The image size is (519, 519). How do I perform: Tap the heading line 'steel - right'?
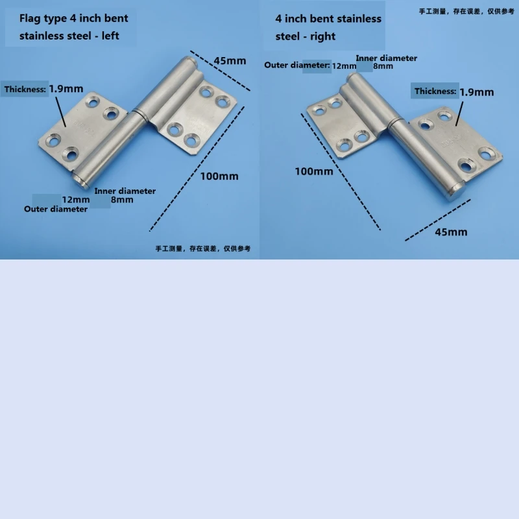[x=305, y=36]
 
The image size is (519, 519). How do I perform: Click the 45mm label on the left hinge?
[x=230, y=61]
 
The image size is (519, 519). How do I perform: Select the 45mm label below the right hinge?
[x=450, y=232]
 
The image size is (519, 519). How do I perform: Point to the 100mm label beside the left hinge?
[x=219, y=176]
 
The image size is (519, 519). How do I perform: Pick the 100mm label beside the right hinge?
[x=314, y=171]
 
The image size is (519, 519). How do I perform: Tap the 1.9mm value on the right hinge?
[x=476, y=91]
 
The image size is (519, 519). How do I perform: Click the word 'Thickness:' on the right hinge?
[x=435, y=91]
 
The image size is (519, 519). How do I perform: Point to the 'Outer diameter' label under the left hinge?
[x=56, y=209]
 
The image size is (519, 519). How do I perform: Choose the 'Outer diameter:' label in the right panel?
[x=297, y=65]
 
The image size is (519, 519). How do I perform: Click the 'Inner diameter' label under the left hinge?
[x=125, y=191]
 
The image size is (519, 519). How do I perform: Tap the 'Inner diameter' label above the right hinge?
[x=386, y=58]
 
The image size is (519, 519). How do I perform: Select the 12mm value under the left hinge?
[x=76, y=199]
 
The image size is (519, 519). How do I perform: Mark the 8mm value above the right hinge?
[x=383, y=66]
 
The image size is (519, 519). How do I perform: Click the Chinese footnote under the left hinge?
[x=202, y=248]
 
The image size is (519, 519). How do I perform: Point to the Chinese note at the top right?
[x=466, y=10]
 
